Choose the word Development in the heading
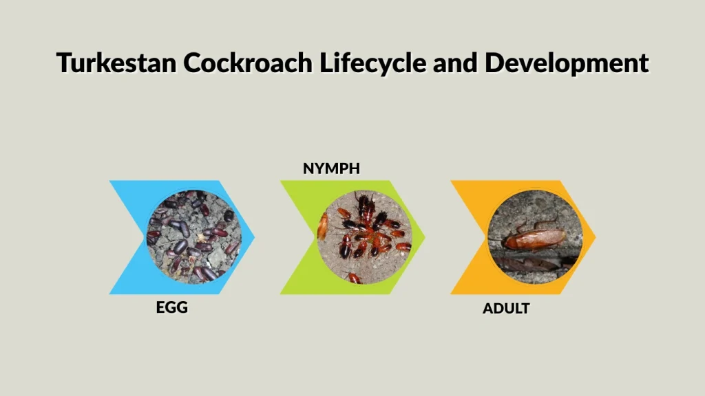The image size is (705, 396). [567, 63]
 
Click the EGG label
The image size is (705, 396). [172, 307]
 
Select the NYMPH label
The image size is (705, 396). [332, 168]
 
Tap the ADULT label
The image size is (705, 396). [506, 309]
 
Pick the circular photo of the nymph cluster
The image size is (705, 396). [364, 237]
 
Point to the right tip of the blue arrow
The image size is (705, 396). [254, 237]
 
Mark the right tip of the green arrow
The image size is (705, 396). [425, 237]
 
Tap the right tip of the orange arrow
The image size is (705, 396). [596, 237]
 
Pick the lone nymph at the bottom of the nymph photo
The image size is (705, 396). [354, 277]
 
